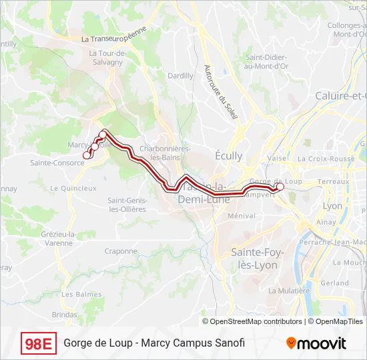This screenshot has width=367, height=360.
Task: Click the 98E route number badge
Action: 39,343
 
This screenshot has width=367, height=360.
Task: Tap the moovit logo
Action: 316,343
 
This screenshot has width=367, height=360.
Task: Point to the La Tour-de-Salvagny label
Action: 105,57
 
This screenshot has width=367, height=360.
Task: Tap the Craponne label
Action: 121,251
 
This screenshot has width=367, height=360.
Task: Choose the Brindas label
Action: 65,313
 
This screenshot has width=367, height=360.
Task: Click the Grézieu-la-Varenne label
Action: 57,239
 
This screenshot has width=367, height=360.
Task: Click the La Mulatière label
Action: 289,291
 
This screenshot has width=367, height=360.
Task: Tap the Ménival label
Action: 242,215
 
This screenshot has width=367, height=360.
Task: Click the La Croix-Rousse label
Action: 326,159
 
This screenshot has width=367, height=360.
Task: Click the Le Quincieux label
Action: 73,188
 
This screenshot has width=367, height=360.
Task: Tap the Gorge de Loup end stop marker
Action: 280,187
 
